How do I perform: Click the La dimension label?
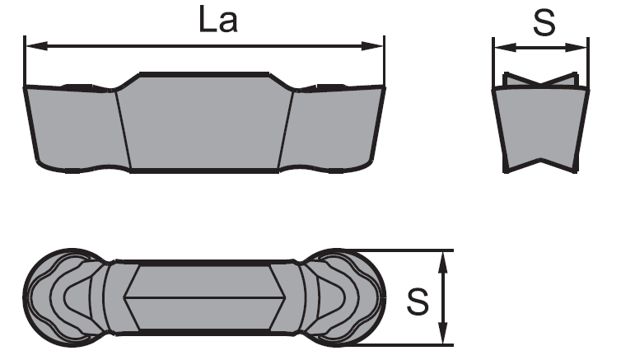(217, 20)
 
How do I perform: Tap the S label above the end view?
(544, 22)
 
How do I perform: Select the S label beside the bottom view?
(418, 302)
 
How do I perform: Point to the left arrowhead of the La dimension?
(36, 46)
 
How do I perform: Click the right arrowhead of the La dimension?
(372, 46)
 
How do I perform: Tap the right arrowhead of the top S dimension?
(576, 48)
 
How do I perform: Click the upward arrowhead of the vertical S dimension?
(443, 262)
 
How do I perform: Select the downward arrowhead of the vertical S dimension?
(443, 334)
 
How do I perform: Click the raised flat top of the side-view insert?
(204, 74)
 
